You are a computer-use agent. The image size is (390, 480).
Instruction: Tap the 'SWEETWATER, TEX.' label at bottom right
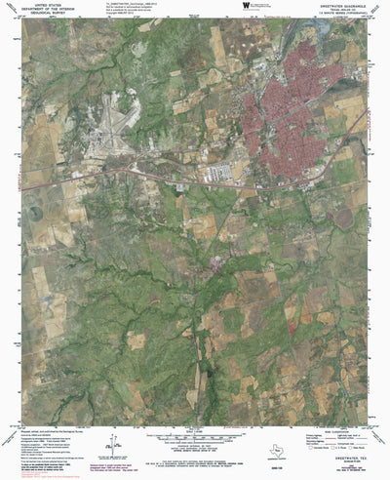[351, 453]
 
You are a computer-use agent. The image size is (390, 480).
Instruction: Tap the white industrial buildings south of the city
[222, 172]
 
